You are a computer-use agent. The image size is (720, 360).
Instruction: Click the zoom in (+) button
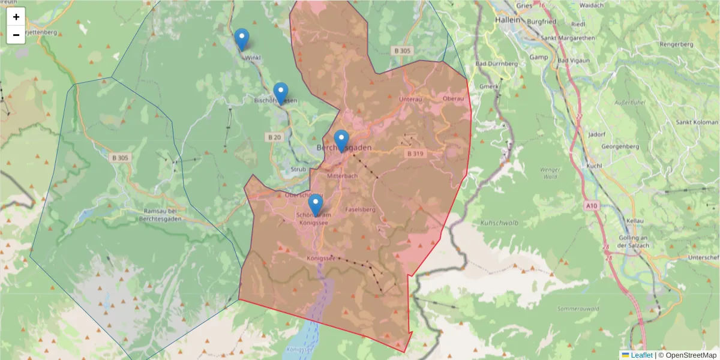16,17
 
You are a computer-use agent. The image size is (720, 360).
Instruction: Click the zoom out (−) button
16,35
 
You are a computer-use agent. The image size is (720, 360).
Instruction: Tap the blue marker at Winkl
242,40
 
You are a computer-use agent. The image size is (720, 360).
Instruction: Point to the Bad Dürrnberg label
496,64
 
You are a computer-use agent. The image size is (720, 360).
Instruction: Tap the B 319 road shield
415,154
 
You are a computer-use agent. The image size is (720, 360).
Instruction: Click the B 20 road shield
274,137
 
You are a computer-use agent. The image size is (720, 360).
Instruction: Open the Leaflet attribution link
641,355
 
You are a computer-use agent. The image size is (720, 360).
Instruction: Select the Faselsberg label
361,209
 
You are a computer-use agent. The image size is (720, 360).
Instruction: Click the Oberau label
453,98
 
